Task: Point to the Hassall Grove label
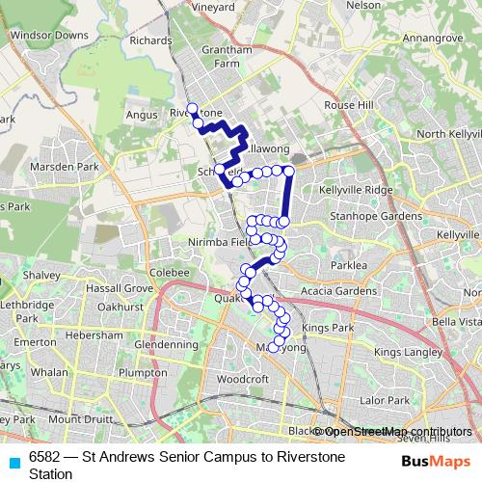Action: coord(120,288)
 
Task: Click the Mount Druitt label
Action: coord(83,419)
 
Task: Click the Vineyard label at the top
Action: coord(215,7)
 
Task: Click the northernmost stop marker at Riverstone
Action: coord(192,108)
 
